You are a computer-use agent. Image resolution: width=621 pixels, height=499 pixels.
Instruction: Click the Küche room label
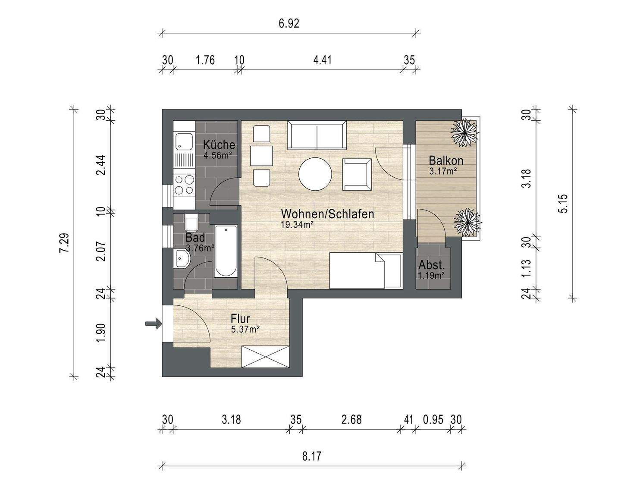click(x=219, y=144)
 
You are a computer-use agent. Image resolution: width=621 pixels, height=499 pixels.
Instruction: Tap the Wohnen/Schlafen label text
click(x=327, y=214)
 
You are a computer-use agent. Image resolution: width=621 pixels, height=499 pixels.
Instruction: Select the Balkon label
click(x=446, y=160)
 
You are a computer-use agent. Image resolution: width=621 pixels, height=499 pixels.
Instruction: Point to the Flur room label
click(x=240, y=319)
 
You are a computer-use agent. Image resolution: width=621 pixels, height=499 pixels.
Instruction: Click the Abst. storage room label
click(x=431, y=265)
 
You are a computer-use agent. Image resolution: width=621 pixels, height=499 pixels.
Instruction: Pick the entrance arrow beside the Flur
click(x=153, y=323)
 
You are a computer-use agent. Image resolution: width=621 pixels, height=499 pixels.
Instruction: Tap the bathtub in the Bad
click(x=226, y=251)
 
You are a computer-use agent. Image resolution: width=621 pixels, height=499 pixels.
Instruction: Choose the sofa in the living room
click(x=317, y=135)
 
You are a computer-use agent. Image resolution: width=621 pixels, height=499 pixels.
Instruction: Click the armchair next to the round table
click(x=357, y=174)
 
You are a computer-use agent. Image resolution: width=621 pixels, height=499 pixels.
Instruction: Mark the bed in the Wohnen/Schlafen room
click(x=366, y=270)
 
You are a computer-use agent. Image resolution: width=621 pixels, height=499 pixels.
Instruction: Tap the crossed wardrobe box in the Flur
click(x=265, y=357)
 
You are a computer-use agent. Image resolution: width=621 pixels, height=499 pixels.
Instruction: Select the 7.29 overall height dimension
click(x=64, y=243)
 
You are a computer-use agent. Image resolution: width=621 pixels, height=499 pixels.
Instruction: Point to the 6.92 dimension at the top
click(x=289, y=23)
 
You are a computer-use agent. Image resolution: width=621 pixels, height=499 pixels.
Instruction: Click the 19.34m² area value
click(x=297, y=225)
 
